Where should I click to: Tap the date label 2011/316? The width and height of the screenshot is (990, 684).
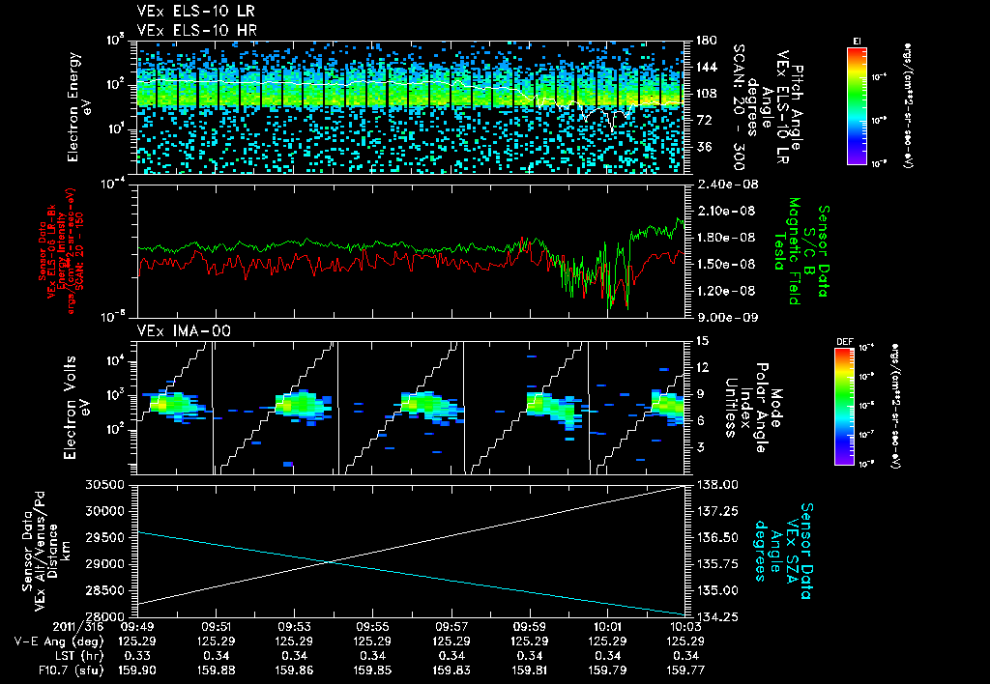click(38, 626)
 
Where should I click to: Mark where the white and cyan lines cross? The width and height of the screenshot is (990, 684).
click(331, 561)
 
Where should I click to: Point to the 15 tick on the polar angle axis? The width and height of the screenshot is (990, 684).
click(698, 341)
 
